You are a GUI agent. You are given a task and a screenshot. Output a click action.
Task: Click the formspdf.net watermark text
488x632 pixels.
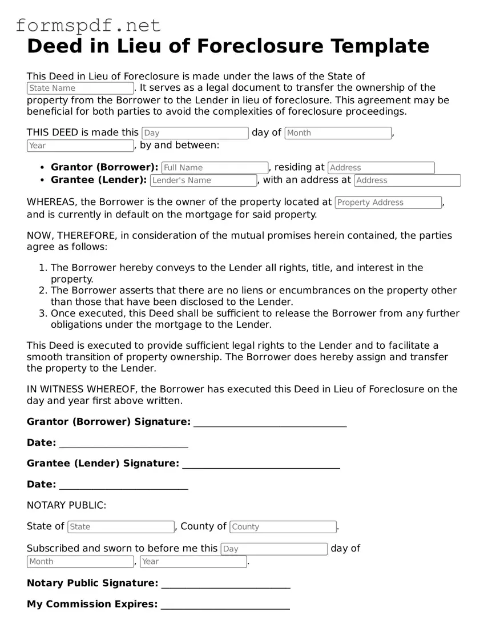coord(88,25)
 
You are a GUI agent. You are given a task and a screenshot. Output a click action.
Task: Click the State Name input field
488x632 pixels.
coord(80,88)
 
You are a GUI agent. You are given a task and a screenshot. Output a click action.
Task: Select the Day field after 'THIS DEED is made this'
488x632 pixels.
coord(195,133)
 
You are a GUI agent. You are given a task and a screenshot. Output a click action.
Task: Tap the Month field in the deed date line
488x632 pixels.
coord(338,133)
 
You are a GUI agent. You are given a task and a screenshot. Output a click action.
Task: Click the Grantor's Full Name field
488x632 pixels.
coord(215,168)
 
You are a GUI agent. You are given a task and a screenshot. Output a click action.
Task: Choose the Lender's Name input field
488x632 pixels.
coord(203,180)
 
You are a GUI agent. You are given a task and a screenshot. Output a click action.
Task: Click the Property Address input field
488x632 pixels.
coord(388,203)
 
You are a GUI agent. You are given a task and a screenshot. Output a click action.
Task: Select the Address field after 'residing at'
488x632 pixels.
coord(381,168)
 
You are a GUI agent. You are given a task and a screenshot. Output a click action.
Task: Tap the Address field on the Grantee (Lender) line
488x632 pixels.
coord(407,180)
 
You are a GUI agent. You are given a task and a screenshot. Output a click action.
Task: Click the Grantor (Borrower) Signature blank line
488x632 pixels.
coord(270,423)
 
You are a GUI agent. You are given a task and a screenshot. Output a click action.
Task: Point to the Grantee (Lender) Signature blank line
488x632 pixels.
coord(261,465)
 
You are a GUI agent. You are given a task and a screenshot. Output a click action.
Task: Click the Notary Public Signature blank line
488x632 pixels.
coord(225,584)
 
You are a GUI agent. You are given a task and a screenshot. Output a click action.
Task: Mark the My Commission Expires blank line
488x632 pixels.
coord(225,605)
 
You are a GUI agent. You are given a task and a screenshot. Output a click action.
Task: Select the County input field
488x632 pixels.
coord(283,527)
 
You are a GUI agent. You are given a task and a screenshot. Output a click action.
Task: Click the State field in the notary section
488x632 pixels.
coord(120,527)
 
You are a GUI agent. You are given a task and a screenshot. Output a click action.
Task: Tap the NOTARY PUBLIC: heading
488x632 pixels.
coord(66,505)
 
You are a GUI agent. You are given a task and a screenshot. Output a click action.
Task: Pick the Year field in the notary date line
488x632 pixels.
coord(193,562)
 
